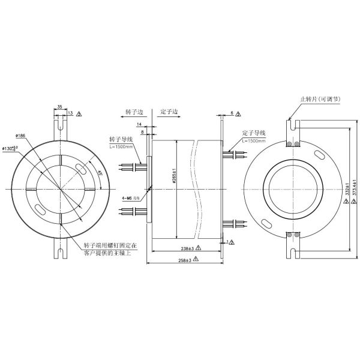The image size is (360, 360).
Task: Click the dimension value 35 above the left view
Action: [x=60, y=106]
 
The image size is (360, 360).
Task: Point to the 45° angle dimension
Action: [x=100, y=172]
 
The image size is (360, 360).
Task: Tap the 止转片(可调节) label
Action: [x=319, y=99]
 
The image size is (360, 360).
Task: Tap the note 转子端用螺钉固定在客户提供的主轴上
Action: [x=111, y=248]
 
